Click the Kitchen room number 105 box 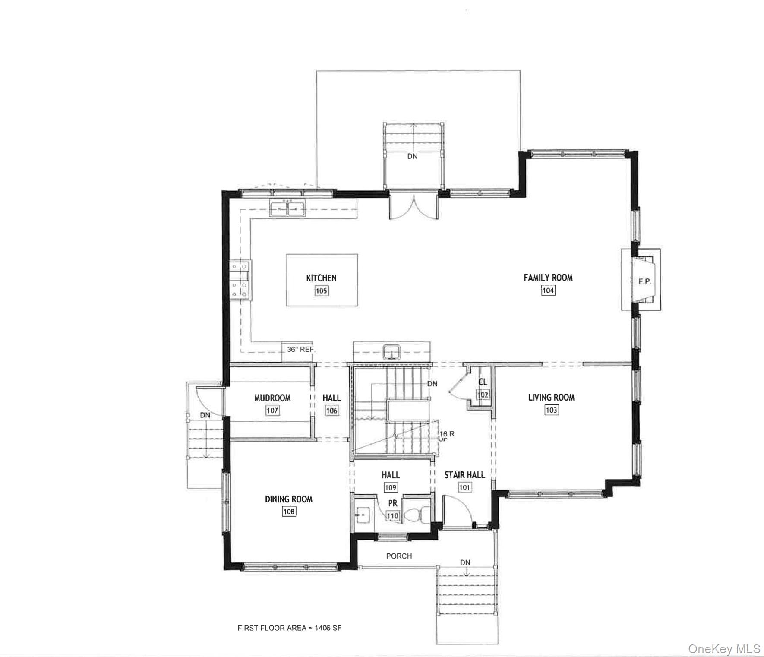tap(321, 291)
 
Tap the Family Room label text tap(548, 278)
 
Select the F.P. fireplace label tap(644, 281)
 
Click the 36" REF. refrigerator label tap(300, 349)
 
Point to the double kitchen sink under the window tap(287, 208)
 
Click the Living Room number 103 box tap(551, 410)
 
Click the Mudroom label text tap(272, 398)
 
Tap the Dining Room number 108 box tap(289, 512)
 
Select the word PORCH tap(399, 556)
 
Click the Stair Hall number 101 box tap(464, 487)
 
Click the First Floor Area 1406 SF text tap(289, 628)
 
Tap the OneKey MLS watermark tap(724, 649)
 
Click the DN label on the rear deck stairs tap(412, 156)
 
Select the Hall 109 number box tap(390, 487)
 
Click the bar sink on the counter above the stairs tap(391, 351)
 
